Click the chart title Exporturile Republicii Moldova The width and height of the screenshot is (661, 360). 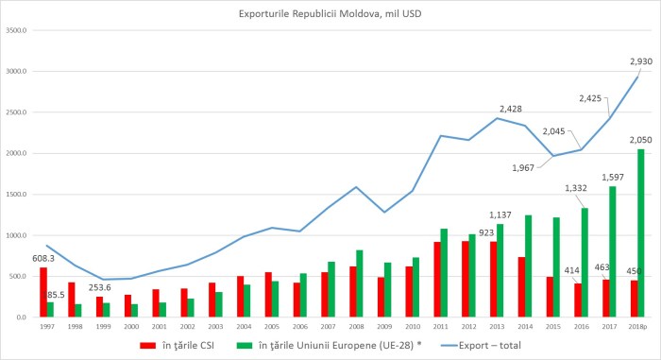(x=330, y=14)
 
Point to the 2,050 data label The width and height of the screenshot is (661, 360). (x=640, y=139)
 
